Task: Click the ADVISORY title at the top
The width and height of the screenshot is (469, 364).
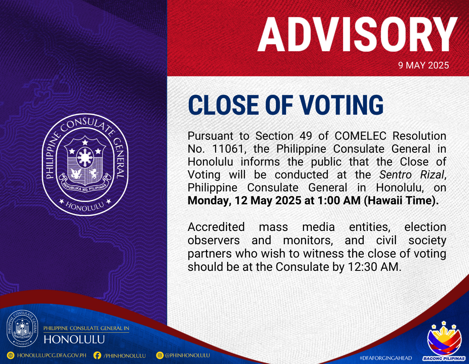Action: coord(357,34)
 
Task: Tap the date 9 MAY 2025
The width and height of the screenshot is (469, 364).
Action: coord(423,65)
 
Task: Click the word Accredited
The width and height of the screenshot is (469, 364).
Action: coord(216,227)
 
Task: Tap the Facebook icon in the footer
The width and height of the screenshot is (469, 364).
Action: coord(97,355)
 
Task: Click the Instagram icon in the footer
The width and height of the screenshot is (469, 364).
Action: coord(160,355)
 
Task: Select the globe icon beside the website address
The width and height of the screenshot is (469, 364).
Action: coord(11,355)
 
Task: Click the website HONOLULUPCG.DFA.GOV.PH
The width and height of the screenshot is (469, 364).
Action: coord(52,355)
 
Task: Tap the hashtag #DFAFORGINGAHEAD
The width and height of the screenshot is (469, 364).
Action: coord(386,358)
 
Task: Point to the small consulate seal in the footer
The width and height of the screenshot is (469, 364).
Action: coord(22,328)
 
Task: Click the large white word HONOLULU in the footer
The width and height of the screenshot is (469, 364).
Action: coord(74,339)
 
